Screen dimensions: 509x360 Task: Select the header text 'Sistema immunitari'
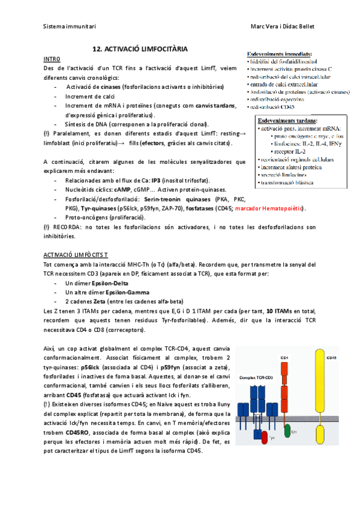point(70,26)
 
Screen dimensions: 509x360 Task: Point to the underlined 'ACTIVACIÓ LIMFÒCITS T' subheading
point(76,254)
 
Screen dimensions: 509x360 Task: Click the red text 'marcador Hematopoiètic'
point(270,208)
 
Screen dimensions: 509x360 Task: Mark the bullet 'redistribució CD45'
point(274,106)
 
